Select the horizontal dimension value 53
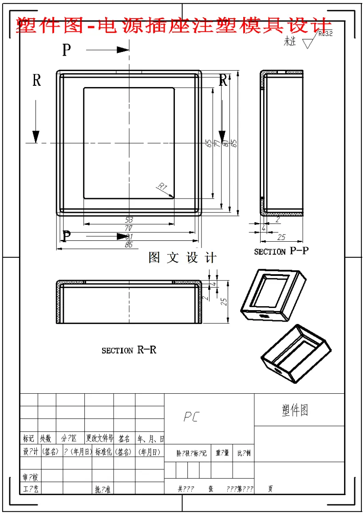[129, 220]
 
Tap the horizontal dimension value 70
[129, 228]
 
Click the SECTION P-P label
[281, 251]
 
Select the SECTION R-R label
[129, 350]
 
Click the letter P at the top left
[66, 50]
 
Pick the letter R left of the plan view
[36, 80]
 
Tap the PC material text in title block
[191, 417]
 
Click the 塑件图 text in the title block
[295, 410]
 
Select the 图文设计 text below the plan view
[182, 258]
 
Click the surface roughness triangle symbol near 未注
[308, 43]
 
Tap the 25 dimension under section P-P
[281, 236]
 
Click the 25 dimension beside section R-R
[224, 301]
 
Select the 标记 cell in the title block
[28, 439]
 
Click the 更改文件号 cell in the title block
[99, 439]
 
